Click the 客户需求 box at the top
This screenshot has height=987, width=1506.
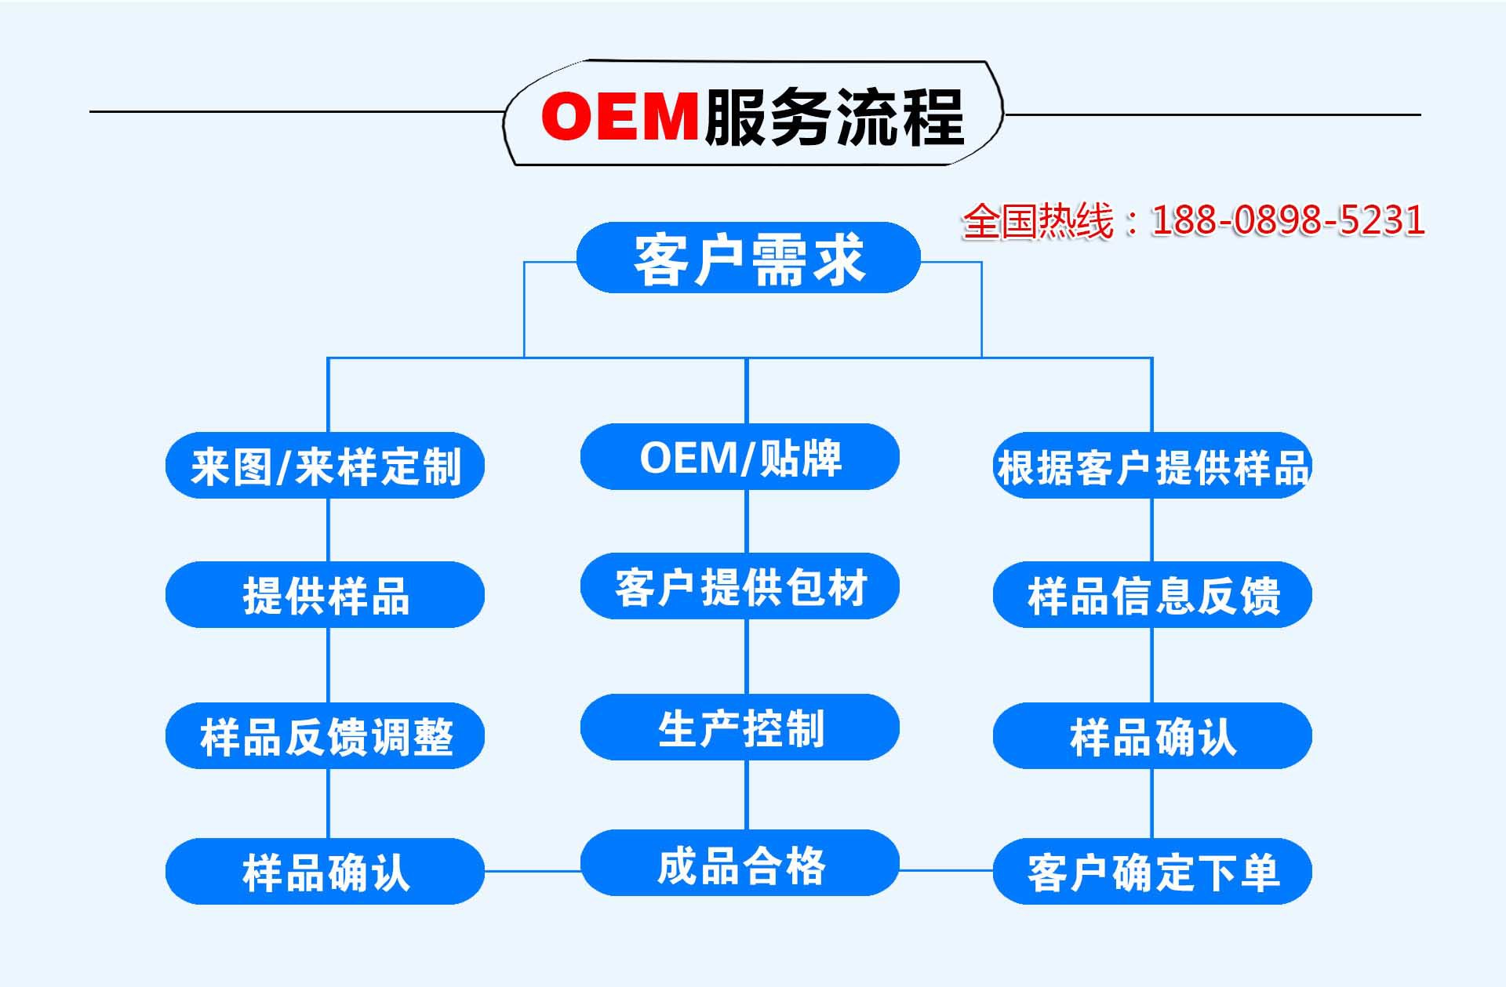[748, 258]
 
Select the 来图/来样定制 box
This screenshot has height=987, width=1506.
[325, 466]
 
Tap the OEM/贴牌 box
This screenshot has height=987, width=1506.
[740, 457]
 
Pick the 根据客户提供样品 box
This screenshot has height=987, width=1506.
[1152, 466]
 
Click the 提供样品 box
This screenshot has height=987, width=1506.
[325, 595]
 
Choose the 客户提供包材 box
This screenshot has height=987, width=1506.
[740, 586]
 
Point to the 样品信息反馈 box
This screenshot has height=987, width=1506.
[1152, 595]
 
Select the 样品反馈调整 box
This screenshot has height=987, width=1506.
[325, 736]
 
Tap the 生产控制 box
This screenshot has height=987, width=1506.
[740, 728]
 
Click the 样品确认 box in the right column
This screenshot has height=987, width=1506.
[1152, 736]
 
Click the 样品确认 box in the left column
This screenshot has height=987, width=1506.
[325, 872]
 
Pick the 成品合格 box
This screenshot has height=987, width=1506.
[740, 863]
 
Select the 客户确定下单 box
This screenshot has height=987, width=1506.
[1152, 872]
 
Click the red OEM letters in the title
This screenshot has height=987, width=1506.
[620, 116]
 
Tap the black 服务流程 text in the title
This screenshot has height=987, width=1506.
[834, 117]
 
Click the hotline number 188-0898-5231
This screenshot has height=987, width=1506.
[1287, 220]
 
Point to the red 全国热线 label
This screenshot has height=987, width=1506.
[1038, 221]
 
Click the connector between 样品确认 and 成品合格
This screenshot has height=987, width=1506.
[533, 871]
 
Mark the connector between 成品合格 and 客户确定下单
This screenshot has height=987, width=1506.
[946, 870]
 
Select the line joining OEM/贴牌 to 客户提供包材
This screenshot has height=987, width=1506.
[747, 521]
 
